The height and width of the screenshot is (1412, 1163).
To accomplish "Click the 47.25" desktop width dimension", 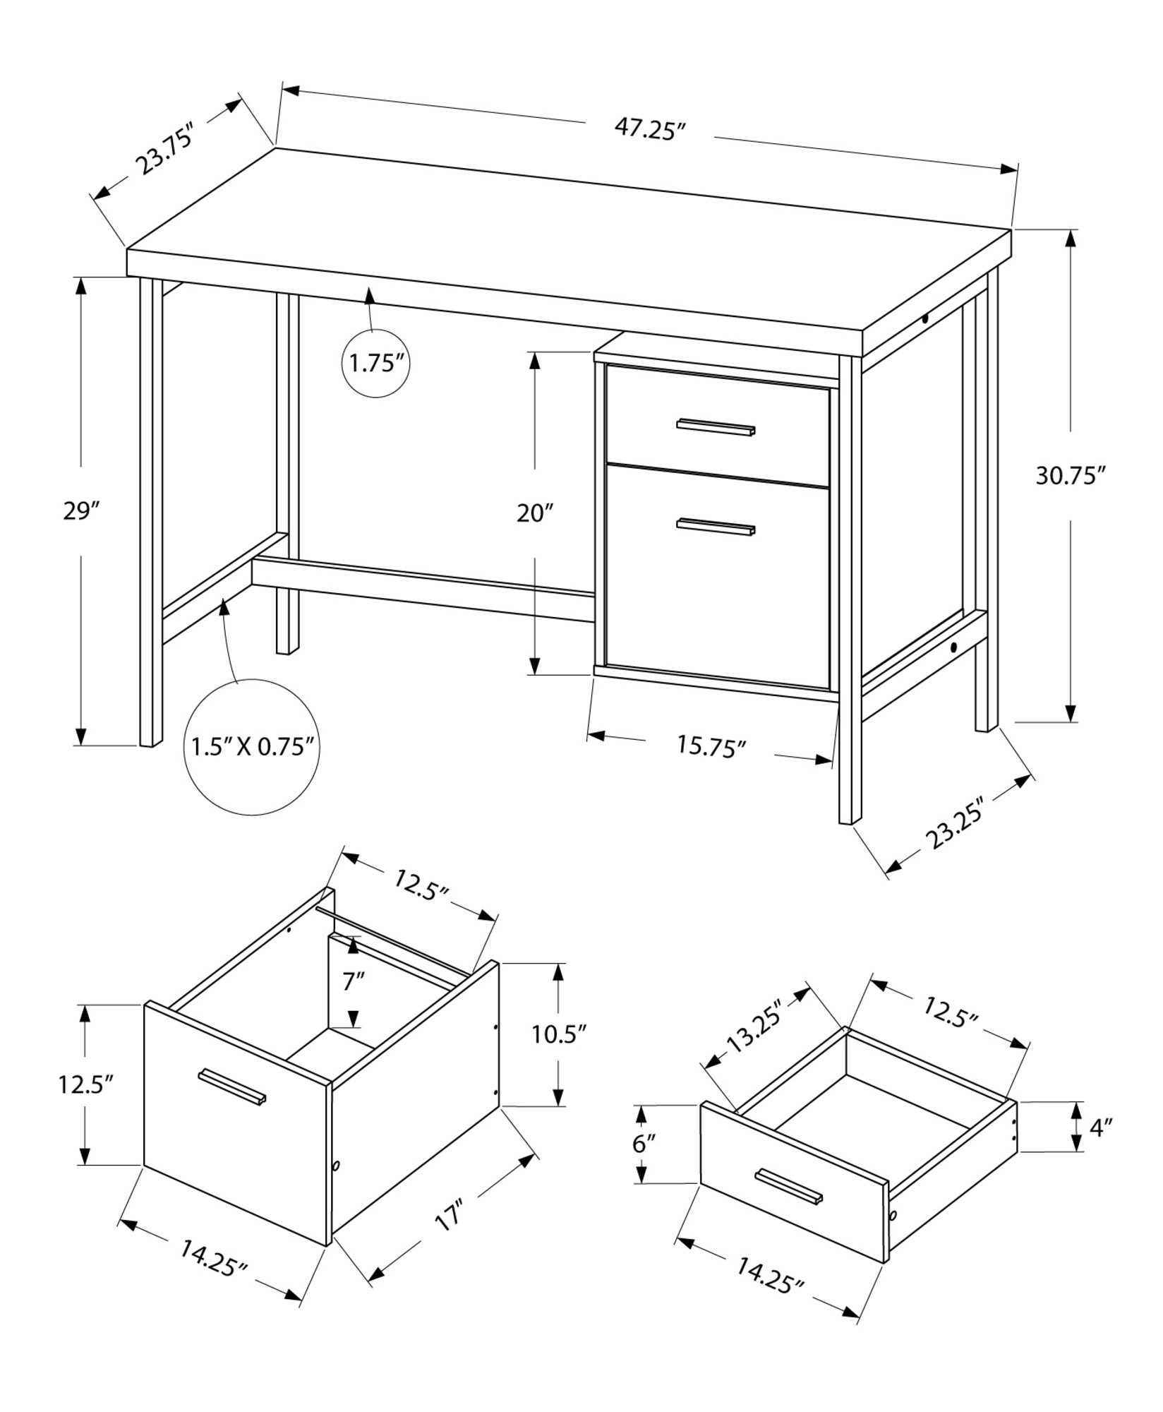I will click(650, 130).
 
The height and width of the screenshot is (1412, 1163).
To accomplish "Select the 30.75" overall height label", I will click(1069, 476).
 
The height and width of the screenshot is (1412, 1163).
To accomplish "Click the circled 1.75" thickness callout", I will click(376, 364).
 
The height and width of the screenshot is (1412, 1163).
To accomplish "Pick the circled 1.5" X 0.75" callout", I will click(252, 747).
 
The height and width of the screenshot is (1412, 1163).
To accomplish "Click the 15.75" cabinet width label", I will click(711, 746).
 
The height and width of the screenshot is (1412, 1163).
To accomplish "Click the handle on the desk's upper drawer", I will click(716, 427).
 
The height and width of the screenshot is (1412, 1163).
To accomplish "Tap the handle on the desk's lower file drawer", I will click(716, 527).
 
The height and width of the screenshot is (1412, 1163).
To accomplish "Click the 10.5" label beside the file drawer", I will click(559, 1035).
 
